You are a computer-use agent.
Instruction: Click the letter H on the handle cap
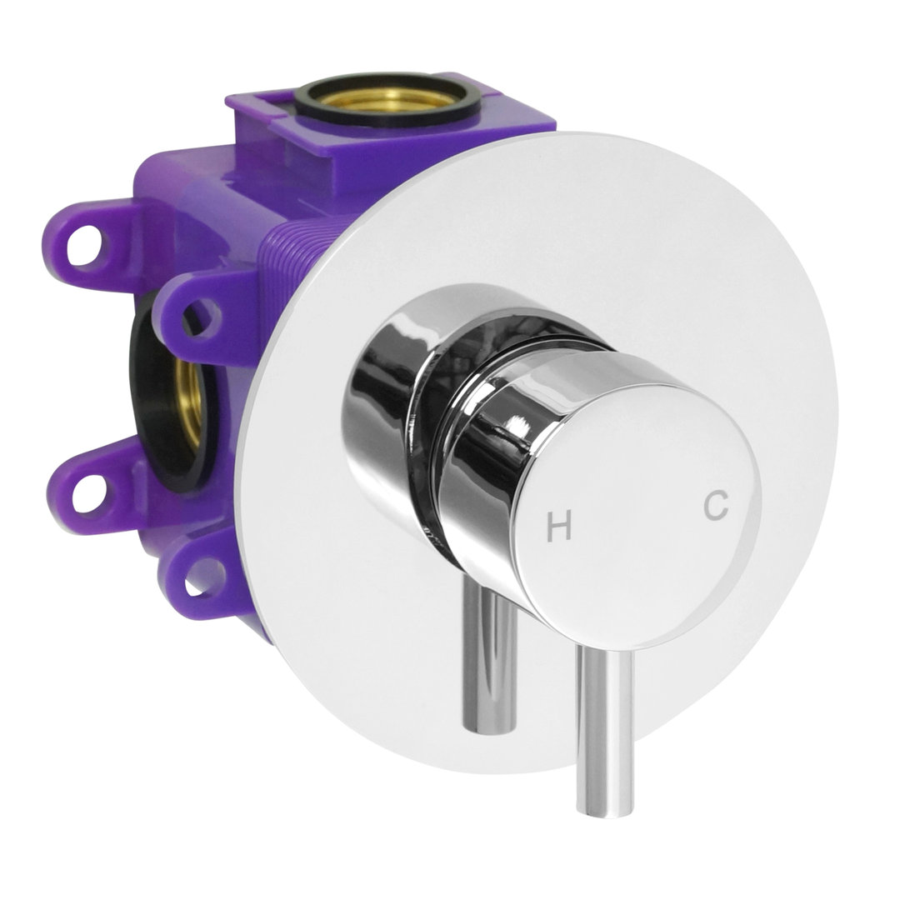[x=558, y=527]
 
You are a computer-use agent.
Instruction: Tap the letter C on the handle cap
[x=717, y=505]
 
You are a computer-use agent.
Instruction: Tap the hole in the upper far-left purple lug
[x=85, y=243]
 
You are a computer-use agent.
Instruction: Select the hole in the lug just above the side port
[x=201, y=317]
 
